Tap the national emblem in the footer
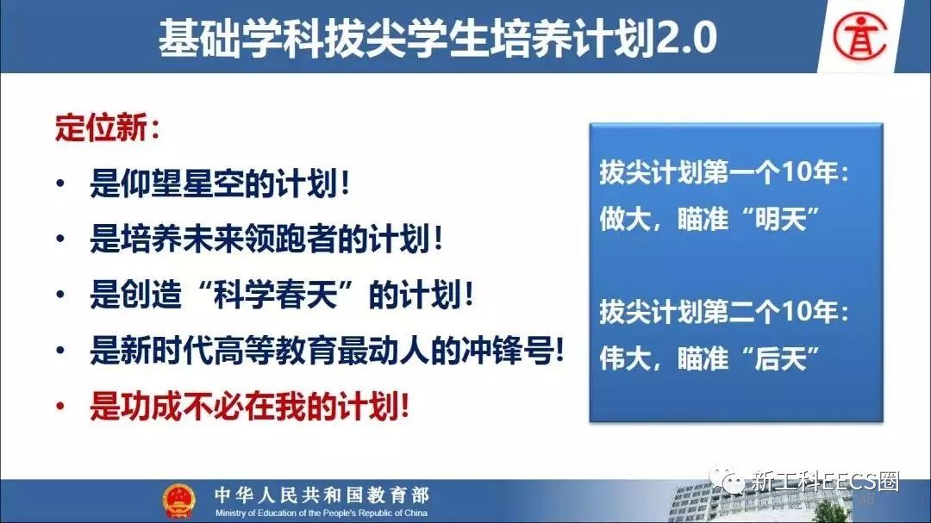[178, 501]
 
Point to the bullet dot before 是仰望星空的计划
[60, 183]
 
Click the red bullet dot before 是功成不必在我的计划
[60, 407]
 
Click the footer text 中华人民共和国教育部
[322, 495]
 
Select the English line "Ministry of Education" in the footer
[322, 513]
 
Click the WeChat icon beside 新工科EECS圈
[727, 480]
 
